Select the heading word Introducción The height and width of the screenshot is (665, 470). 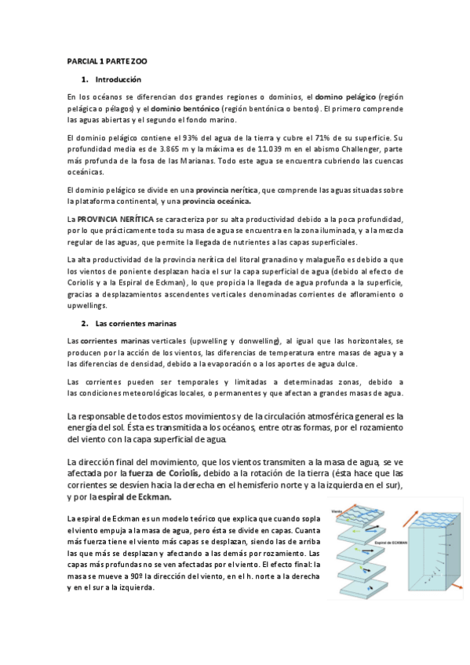118,80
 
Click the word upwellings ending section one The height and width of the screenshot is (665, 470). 87,294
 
